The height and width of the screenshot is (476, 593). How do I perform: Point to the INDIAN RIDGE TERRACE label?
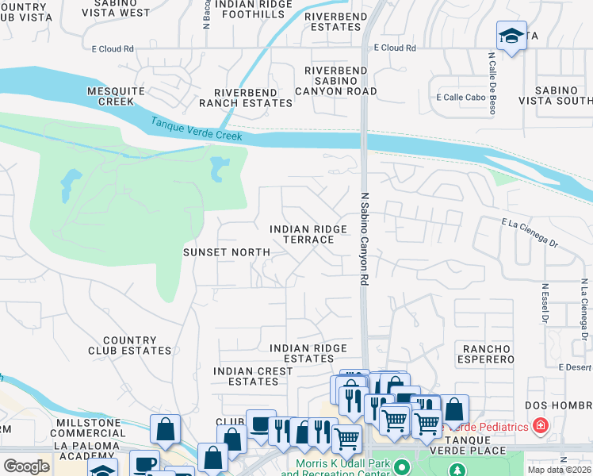click(308, 235)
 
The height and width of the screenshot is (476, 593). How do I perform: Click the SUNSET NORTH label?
click(227, 252)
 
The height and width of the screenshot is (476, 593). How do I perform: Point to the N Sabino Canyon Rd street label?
click(365, 239)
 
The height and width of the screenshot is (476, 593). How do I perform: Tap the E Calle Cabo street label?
click(461, 98)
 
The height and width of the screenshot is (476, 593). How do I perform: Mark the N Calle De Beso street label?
click(492, 83)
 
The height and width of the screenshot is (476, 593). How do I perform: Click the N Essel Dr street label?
click(545, 304)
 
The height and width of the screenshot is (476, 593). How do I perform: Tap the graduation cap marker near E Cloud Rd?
click(511, 35)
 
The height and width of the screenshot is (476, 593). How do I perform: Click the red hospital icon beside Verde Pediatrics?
click(541, 427)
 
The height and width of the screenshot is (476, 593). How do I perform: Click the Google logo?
click(26, 466)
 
